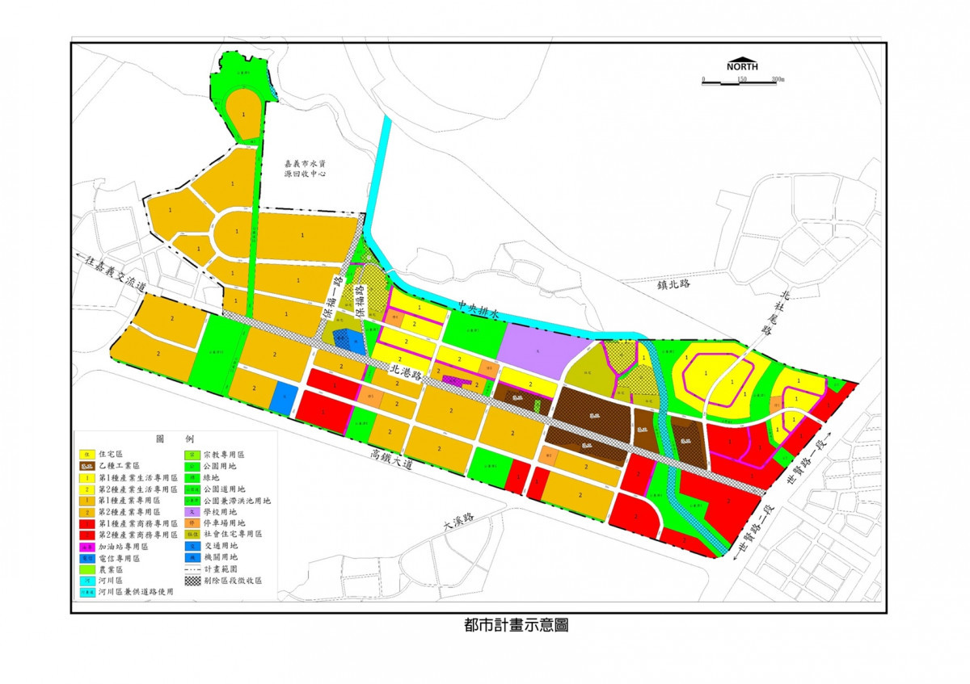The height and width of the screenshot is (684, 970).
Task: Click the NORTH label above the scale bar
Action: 742,67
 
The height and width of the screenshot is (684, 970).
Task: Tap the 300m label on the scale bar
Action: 778,80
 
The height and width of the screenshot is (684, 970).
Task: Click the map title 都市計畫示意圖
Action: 516,625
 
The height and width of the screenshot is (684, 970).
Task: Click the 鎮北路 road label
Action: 675,283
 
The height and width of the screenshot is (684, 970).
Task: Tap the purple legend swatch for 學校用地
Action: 192,512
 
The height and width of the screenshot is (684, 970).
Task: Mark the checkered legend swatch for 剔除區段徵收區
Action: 192,581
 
